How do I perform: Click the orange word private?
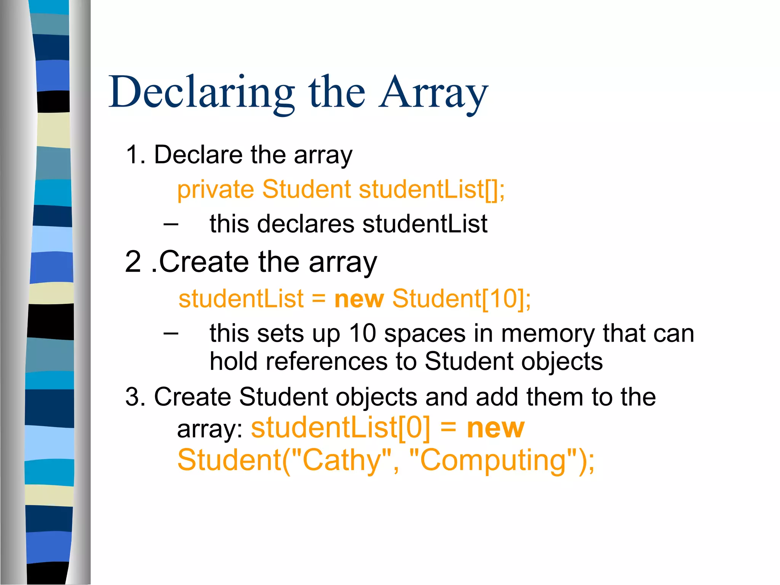point(216,189)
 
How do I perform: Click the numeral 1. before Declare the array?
point(136,155)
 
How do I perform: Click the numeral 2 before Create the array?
point(133,262)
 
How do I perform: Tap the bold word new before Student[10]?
point(359,299)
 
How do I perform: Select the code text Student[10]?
point(461,299)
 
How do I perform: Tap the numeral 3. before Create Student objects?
point(136,397)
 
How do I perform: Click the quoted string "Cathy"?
point(341,460)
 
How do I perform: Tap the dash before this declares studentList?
point(171,224)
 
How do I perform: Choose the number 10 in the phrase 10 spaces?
point(363,334)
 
